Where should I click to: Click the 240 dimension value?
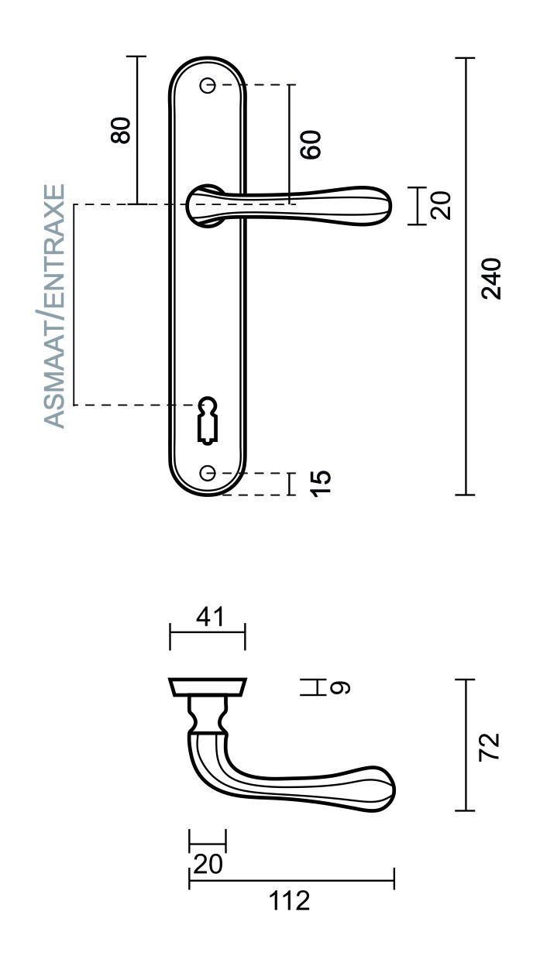[491, 279]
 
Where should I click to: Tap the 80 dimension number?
[120, 130]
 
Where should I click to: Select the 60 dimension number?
[311, 145]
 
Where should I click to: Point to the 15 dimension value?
[321, 483]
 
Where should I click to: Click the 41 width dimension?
[210, 616]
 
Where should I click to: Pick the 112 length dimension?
[289, 901]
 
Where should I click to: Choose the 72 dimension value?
[489, 746]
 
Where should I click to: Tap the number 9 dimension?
[341, 687]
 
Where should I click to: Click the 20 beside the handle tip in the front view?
[441, 206]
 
